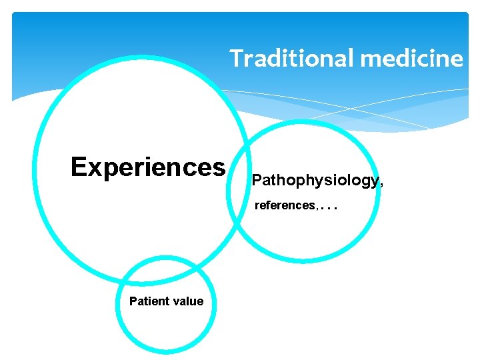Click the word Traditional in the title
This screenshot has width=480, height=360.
(291, 59)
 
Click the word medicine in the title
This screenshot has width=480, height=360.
(411, 59)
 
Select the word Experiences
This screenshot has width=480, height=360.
(148, 167)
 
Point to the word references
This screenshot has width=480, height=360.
(285, 205)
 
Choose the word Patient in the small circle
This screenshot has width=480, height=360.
(147, 301)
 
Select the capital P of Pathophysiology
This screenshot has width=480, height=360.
(257, 180)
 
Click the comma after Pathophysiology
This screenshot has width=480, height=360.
(381, 185)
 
